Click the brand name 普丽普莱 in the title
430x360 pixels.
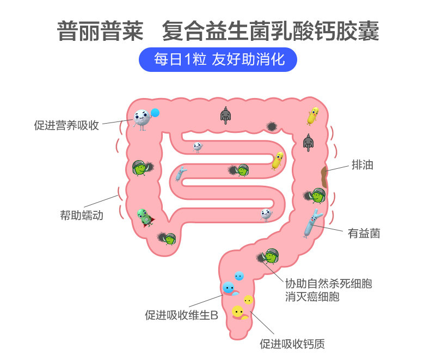click(x=100, y=30)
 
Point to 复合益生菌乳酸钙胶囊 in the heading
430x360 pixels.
click(x=271, y=30)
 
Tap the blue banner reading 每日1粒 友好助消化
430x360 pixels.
click(x=219, y=60)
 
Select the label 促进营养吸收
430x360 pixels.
click(x=66, y=125)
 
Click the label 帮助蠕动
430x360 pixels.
click(x=81, y=215)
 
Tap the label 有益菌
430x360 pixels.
click(x=364, y=234)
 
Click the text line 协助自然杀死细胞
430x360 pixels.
click(x=329, y=284)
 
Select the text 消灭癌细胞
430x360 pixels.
click(x=312, y=297)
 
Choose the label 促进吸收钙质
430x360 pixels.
click(x=292, y=344)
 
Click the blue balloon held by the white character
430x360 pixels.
click(x=155, y=113)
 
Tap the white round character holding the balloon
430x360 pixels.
click(x=141, y=118)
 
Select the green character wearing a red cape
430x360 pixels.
click(x=144, y=217)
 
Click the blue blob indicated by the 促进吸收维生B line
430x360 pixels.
click(x=229, y=288)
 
